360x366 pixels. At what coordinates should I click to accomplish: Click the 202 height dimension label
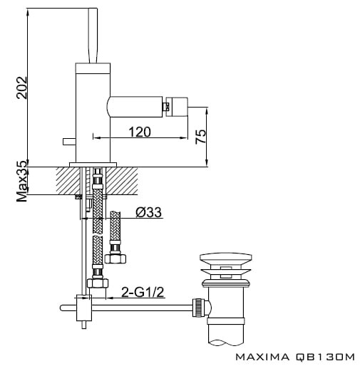coord(22,88)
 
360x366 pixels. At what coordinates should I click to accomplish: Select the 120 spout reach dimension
coord(140,132)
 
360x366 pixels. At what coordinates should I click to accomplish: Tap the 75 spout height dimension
coord(201,137)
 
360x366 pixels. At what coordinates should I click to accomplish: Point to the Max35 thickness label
coord(22,182)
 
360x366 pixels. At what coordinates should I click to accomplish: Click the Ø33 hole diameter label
coord(149,212)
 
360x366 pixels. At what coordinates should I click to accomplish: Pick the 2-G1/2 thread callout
coord(143,292)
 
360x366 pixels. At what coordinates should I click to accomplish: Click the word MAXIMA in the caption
coord(262,357)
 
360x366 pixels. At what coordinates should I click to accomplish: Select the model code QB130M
coord(325,357)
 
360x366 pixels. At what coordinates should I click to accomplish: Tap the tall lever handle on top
coord(93,36)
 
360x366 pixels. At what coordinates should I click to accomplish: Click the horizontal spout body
coord(135,107)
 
